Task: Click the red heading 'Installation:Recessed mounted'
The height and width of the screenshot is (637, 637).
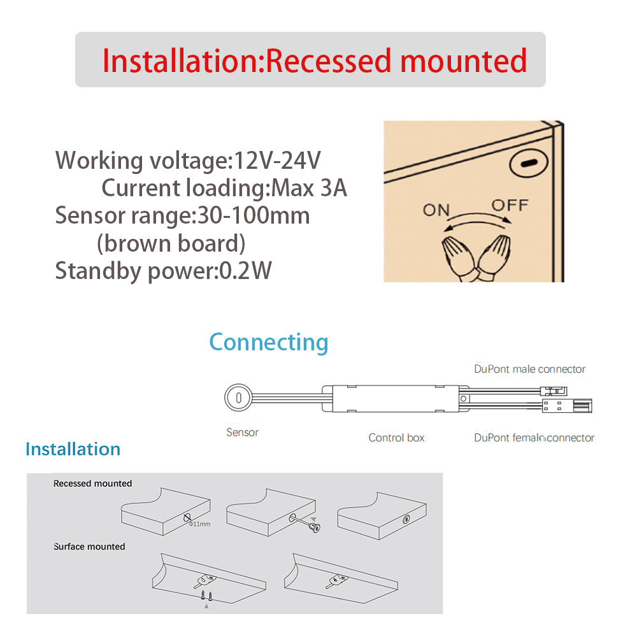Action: tap(314, 61)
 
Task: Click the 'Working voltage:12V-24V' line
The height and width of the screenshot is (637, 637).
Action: tap(189, 160)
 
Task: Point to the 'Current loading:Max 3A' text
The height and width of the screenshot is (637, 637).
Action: tap(224, 188)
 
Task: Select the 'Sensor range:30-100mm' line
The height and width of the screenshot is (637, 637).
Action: tap(182, 216)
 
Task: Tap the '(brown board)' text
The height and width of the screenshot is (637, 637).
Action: tap(171, 243)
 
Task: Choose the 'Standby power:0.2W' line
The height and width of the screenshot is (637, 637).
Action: tap(164, 271)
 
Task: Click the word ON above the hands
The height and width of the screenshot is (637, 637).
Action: tap(436, 209)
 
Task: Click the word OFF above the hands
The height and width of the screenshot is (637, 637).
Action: tap(510, 205)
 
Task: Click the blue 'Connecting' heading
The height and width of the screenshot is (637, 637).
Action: tap(269, 342)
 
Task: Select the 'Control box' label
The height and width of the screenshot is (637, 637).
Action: tap(396, 438)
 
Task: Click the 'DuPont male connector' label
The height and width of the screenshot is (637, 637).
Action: tap(529, 369)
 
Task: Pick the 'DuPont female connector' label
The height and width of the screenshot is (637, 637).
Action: tap(534, 438)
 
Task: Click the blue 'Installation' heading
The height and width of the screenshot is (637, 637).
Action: tap(73, 449)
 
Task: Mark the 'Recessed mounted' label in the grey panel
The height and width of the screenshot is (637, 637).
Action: tap(92, 483)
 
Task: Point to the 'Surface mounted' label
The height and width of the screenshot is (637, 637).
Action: tap(89, 547)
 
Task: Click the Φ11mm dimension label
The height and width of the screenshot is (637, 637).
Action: tap(199, 524)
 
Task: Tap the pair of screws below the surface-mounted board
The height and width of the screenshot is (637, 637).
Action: tap(205, 596)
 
